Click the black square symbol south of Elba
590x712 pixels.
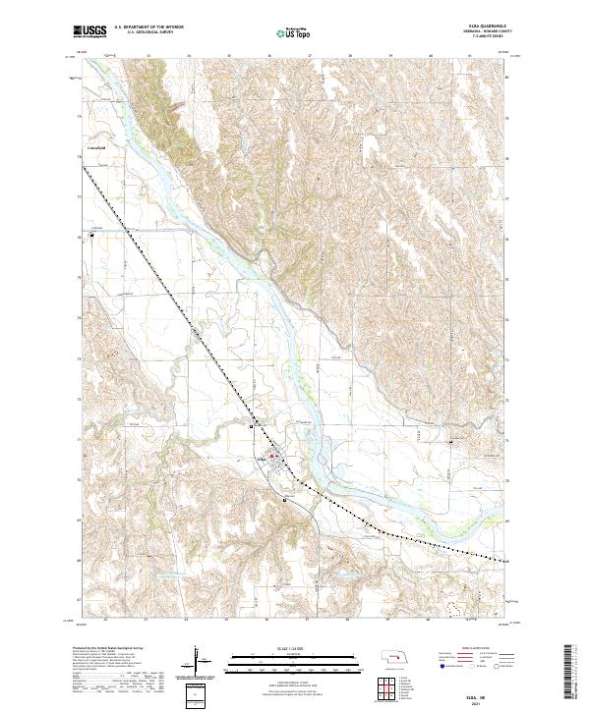285,499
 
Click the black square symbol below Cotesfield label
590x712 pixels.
93,234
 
